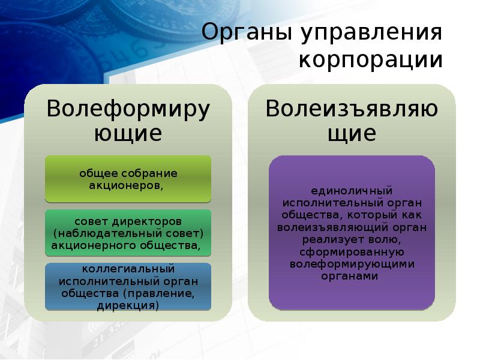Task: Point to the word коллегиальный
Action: pyautogui.click(x=128, y=269)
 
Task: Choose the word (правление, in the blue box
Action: pyautogui.click(x=158, y=293)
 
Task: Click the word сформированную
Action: pyautogui.click(x=352, y=251)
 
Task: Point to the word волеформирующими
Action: pyautogui.click(x=352, y=264)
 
